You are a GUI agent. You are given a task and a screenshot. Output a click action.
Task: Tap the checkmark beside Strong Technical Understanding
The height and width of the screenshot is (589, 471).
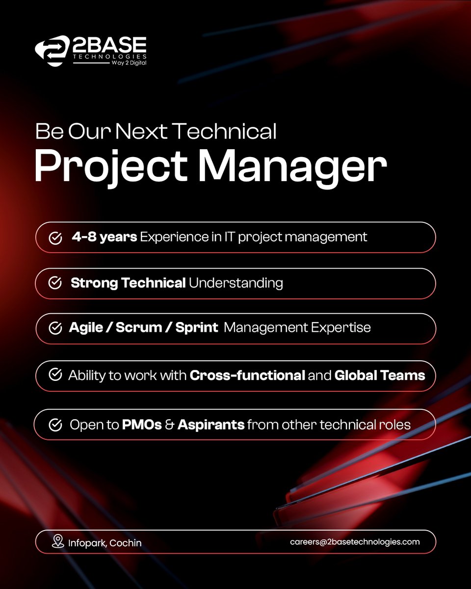click(x=55, y=283)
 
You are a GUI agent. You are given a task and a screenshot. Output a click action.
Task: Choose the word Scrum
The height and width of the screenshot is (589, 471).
click(x=135, y=328)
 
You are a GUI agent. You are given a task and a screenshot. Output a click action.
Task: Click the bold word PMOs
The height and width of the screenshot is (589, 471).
click(x=142, y=425)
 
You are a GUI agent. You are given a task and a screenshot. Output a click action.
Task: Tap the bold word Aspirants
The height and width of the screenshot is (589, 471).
click(x=211, y=425)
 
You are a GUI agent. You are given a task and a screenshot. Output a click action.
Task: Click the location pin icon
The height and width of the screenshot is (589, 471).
click(x=58, y=542)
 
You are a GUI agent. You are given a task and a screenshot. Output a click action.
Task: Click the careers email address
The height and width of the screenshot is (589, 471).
click(x=355, y=542)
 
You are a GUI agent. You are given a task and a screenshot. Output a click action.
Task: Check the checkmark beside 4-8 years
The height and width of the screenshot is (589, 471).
click(x=55, y=238)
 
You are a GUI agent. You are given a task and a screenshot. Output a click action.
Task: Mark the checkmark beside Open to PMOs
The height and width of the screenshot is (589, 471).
click(x=55, y=425)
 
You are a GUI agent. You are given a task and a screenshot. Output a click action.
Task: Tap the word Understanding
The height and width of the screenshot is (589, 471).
click(x=236, y=283)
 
